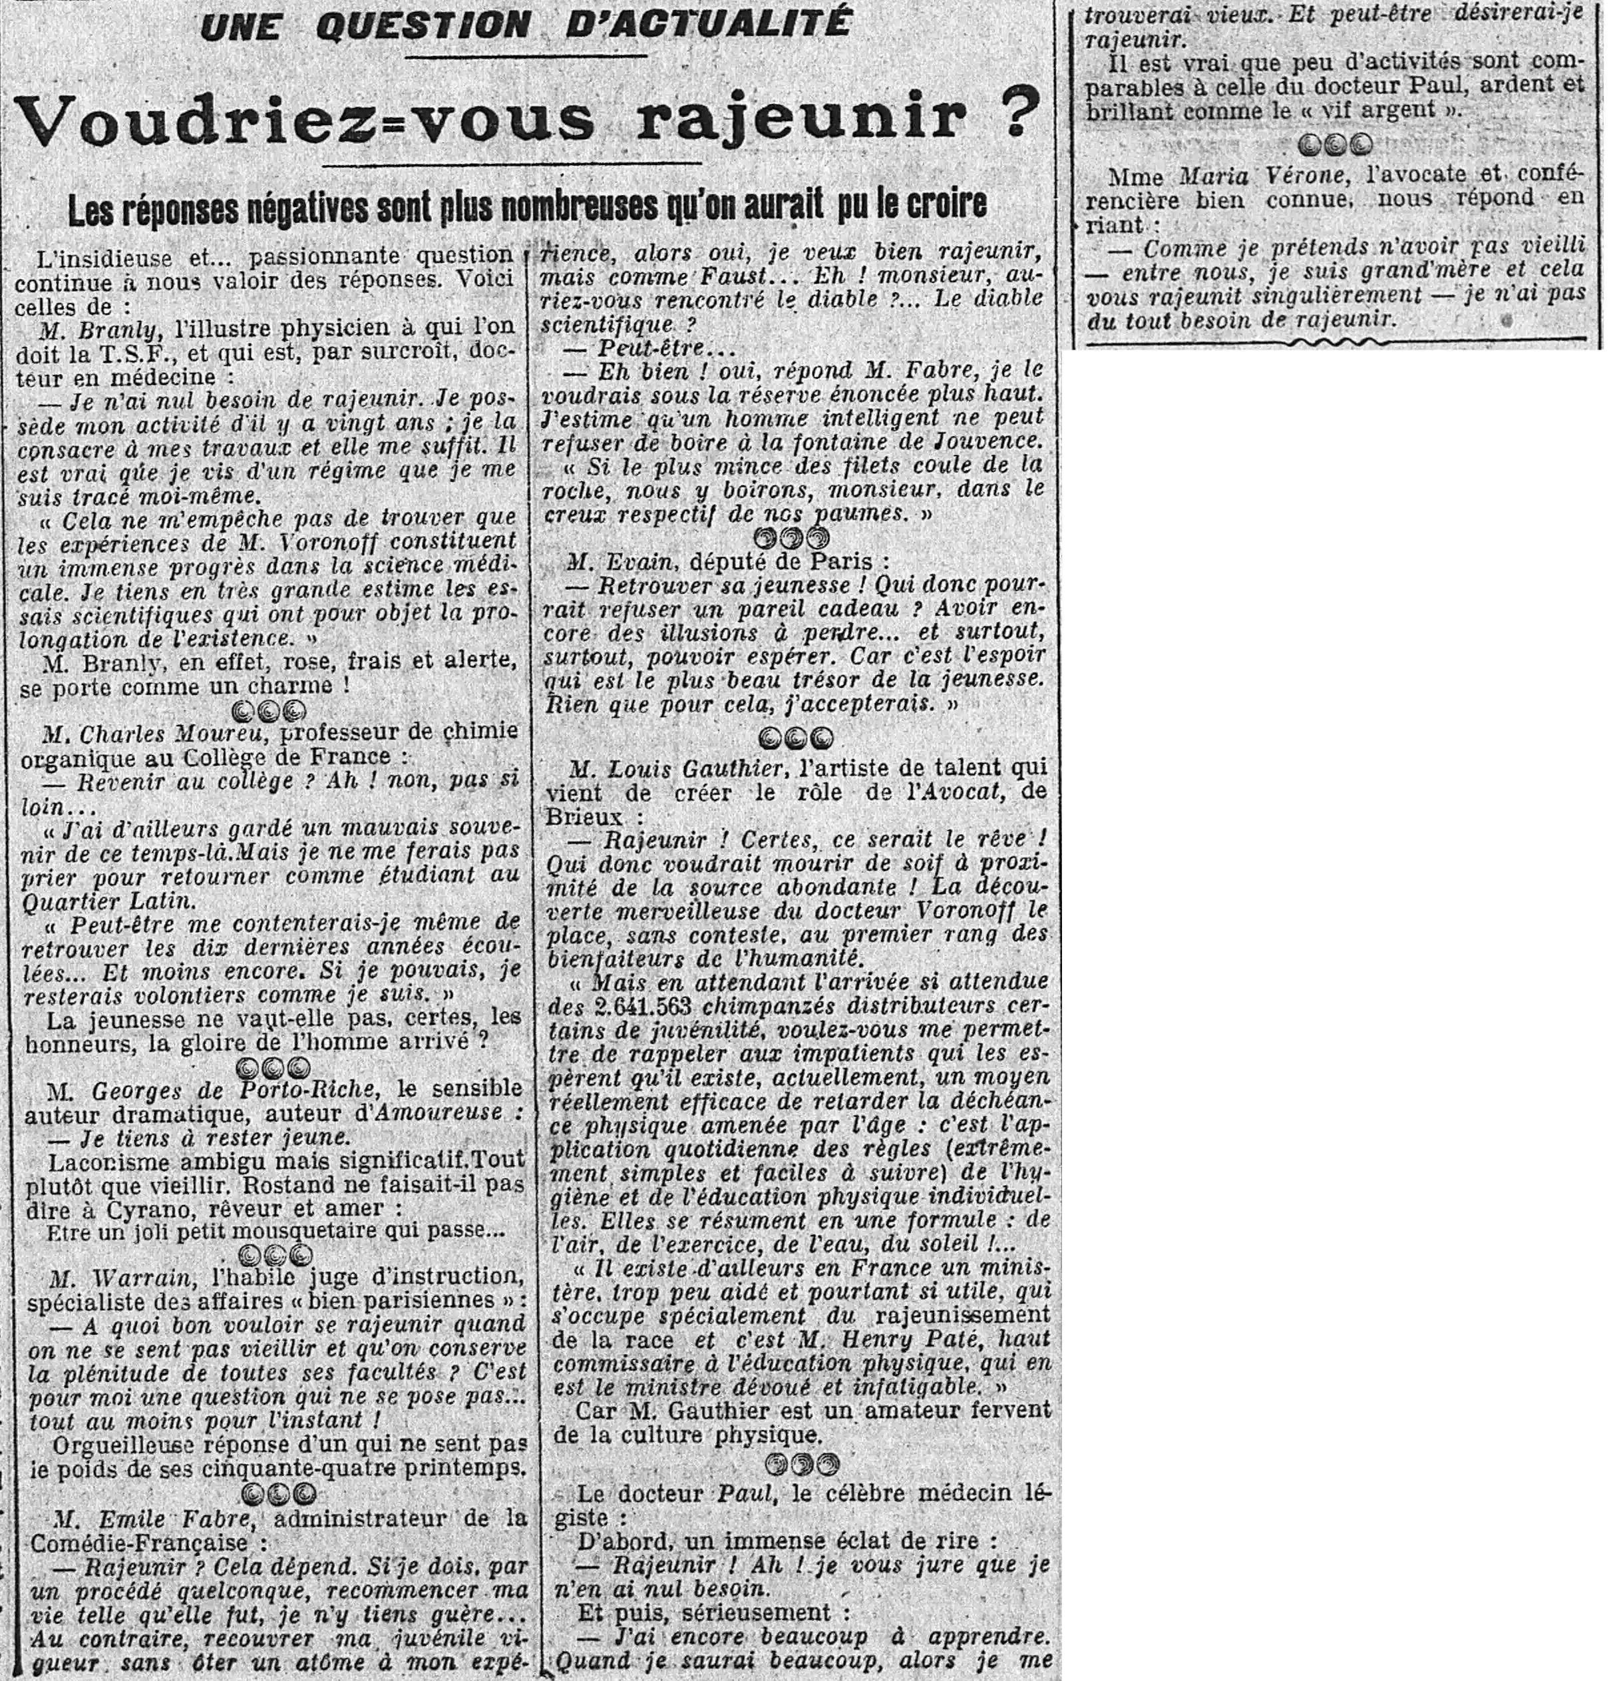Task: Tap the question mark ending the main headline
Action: tap(1009, 114)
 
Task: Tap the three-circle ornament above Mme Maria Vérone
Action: tap(1335, 145)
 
